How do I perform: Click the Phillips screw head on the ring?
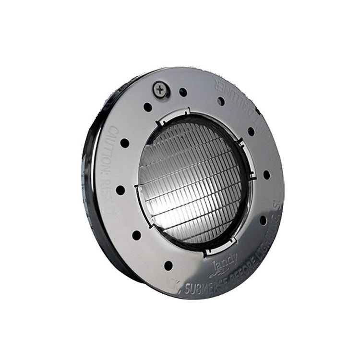(159, 89)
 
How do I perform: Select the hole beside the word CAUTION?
(125, 143)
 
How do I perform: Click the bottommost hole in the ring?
(168, 265)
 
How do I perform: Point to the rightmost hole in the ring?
(266, 175)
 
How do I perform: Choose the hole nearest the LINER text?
(221, 101)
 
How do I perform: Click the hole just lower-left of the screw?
(148, 107)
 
